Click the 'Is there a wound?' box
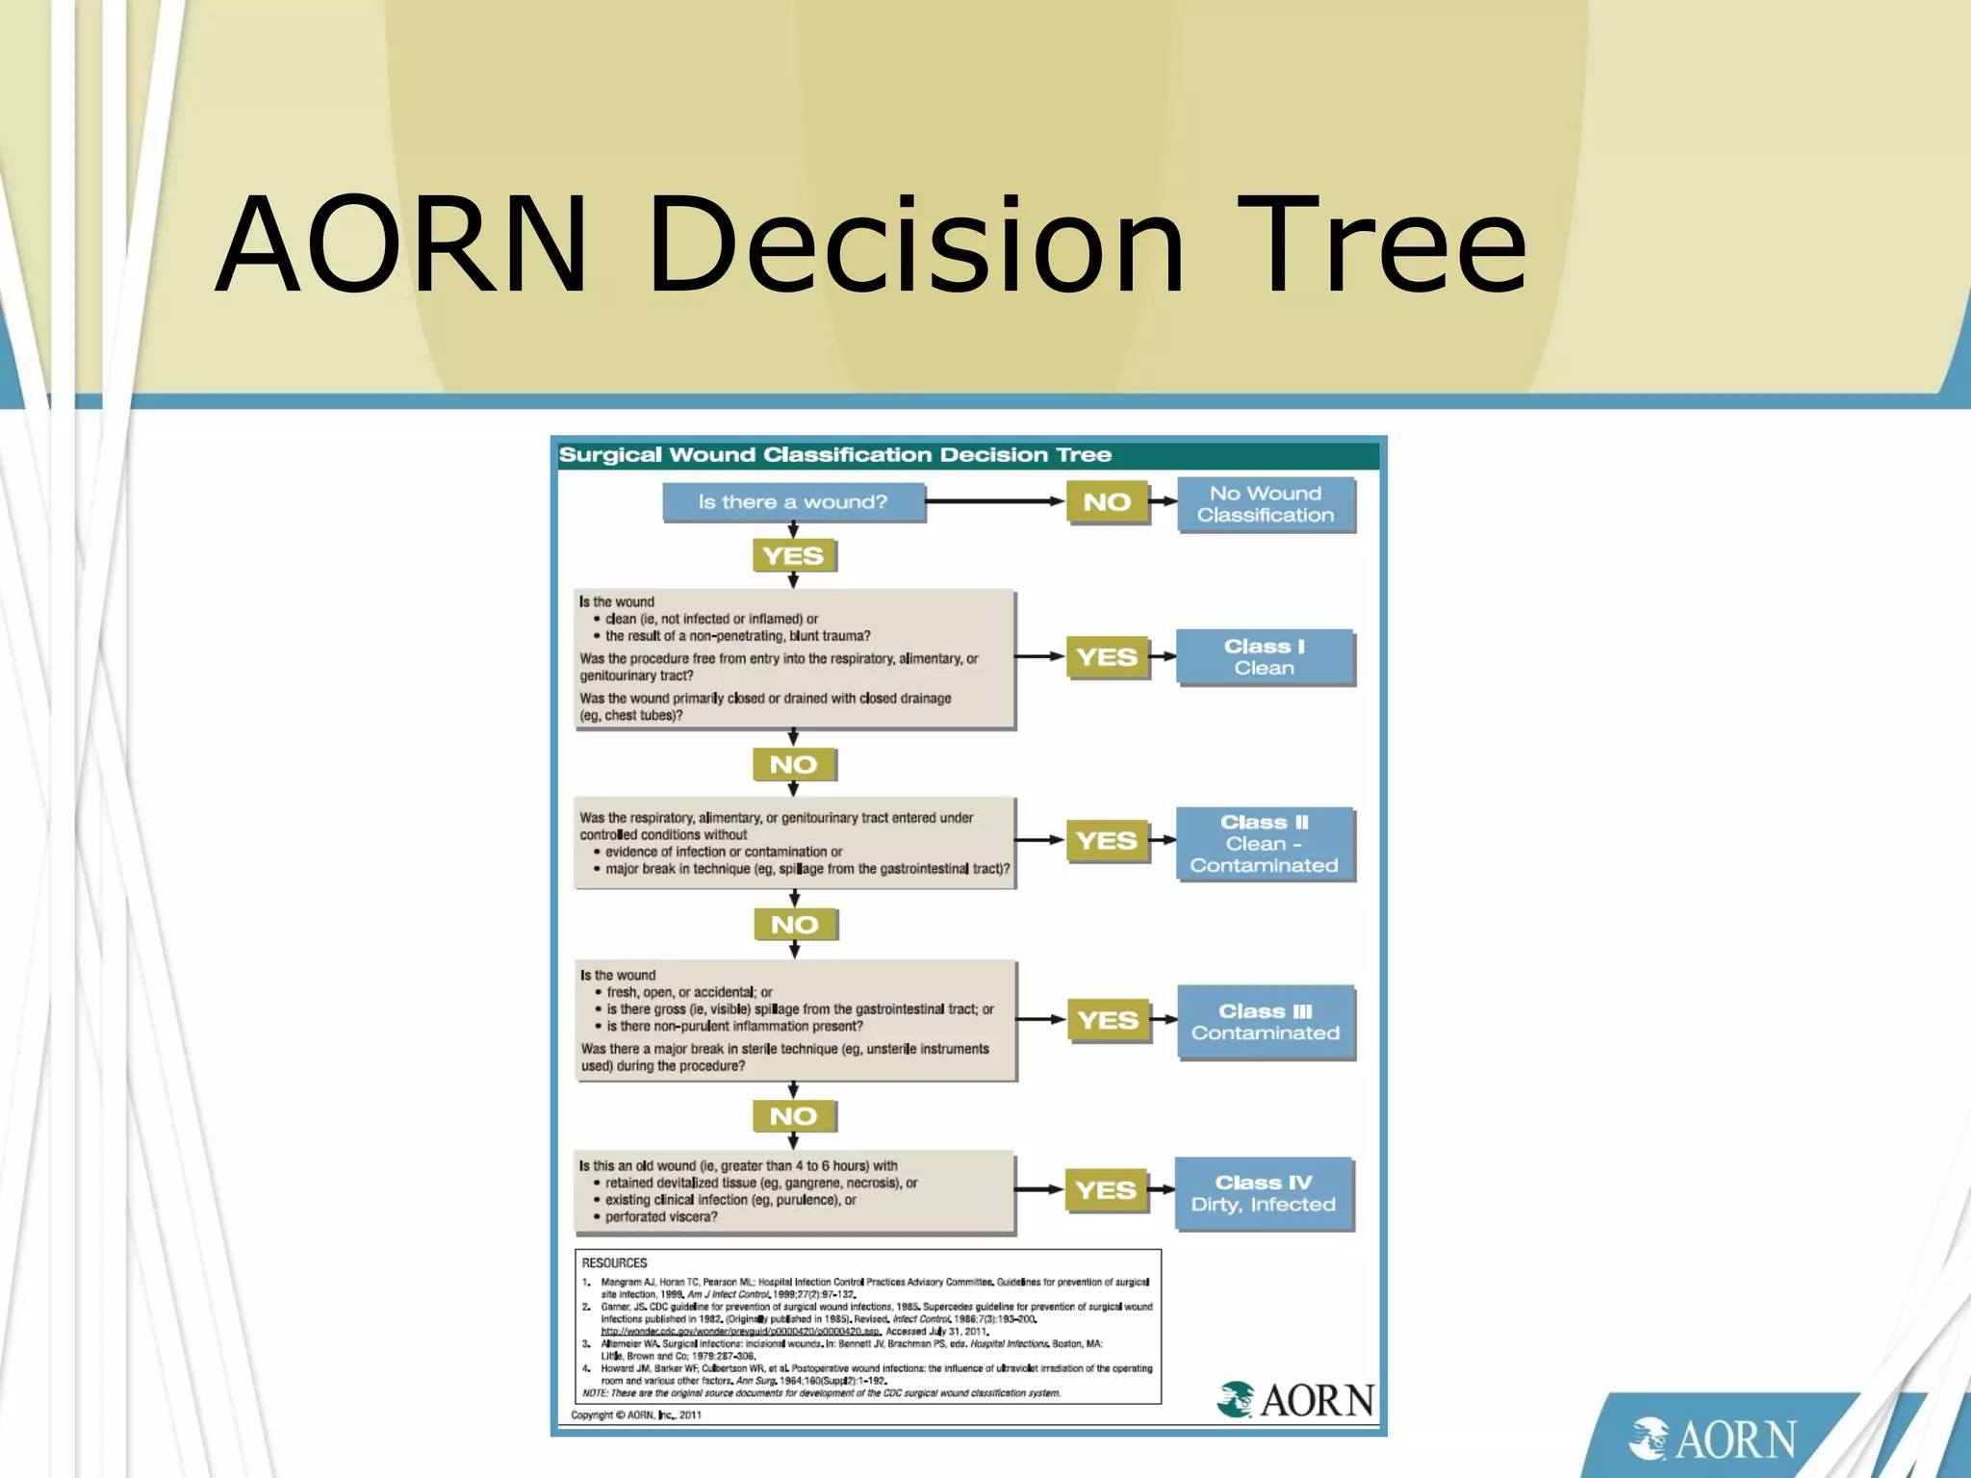(793, 502)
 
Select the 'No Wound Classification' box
(1266, 504)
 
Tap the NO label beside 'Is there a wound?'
(1107, 502)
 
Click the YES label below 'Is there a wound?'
(793, 556)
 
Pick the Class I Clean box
(1265, 657)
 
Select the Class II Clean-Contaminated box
(1265, 844)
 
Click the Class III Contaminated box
(1266, 1022)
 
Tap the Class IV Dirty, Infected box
(1264, 1193)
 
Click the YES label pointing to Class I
(1107, 657)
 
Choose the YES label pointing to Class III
(1108, 1020)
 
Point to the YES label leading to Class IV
(1106, 1190)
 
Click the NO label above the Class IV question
(793, 1116)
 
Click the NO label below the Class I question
(793, 765)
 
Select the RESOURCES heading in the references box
(614, 1263)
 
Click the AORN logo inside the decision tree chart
(1295, 1400)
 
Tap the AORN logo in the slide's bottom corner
(1712, 1440)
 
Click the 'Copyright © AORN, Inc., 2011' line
(636, 1415)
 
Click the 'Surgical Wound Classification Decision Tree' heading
(835, 455)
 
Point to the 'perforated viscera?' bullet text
(661, 1217)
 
